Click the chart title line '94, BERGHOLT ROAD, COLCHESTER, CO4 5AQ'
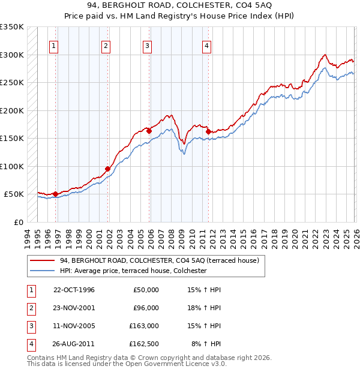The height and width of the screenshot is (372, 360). pos(180,6)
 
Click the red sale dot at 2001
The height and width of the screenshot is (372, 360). pos(108,169)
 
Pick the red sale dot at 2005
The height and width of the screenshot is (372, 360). pos(149,130)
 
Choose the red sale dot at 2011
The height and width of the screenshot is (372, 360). pos(208,131)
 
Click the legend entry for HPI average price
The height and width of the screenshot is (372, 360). pos(133,271)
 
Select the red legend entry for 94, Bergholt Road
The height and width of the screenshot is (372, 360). pos(159,260)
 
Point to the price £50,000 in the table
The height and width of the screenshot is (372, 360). pos(146,290)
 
